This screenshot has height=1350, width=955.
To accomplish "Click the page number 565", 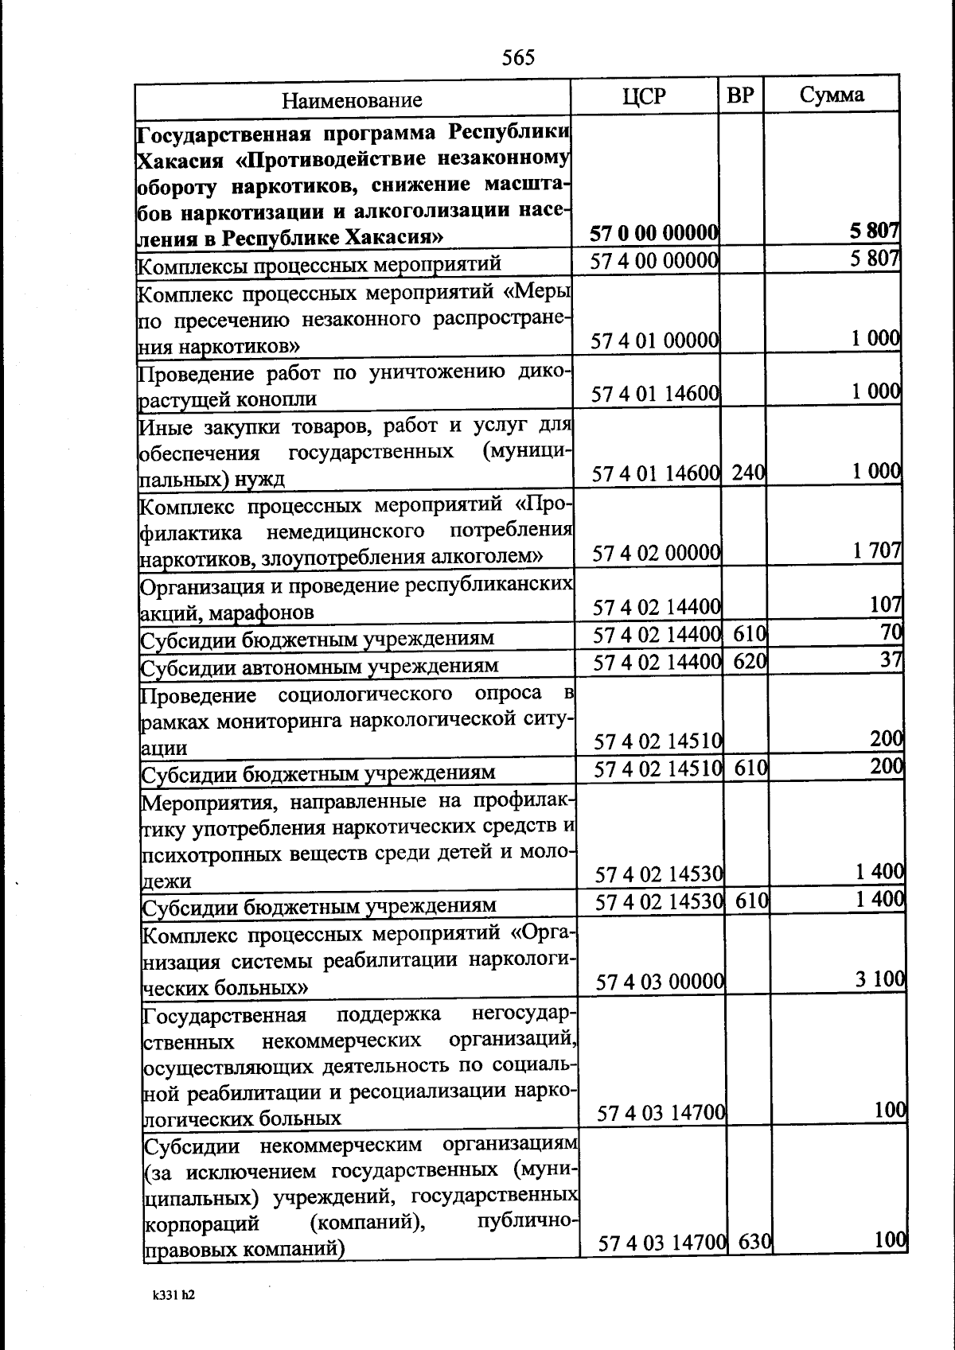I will (x=518, y=57).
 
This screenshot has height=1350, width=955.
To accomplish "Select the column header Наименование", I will (x=352, y=100).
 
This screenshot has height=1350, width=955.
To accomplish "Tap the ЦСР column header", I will (x=644, y=96).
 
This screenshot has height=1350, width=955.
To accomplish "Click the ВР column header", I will (x=741, y=95).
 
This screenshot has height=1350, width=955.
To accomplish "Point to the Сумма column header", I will (x=832, y=95).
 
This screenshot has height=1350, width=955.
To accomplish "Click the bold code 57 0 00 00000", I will (x=654, y=232).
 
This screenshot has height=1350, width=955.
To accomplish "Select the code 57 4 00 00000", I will (x=654, y=260).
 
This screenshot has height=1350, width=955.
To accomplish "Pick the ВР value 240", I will (x=748, y=473).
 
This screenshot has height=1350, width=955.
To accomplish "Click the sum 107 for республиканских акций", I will (x=886, y=605).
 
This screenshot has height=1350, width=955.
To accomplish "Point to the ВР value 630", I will (x=754, y=1241).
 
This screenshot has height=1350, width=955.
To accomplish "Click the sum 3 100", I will (x=880, y=978).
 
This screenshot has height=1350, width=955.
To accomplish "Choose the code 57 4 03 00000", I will (x=660, y=982).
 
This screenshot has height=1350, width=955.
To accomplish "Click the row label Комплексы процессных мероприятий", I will (x=320, y=263).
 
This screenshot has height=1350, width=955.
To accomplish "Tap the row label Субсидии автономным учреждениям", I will (x=320, y=665).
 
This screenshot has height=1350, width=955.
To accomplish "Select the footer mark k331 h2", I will (x=173, y=1294).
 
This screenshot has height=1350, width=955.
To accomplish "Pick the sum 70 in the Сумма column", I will (x=891, y=632).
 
